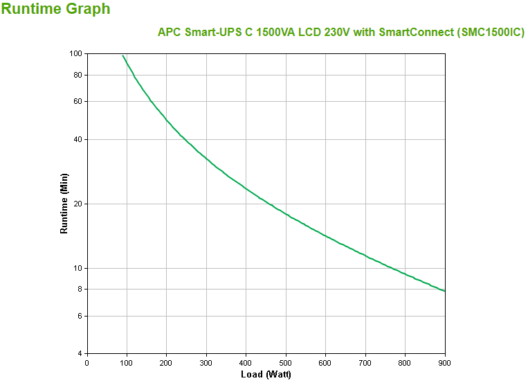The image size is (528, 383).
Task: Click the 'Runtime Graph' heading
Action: (55, 10)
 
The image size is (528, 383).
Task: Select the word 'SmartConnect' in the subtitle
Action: (409, 33)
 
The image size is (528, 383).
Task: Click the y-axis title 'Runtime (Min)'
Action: (64, 204)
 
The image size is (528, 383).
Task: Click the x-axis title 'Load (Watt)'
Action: (266, 375)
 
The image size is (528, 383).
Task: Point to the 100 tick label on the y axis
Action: (75, 54)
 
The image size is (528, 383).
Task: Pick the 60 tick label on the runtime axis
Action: (78, 101)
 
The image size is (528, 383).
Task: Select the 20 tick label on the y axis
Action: (78, 204)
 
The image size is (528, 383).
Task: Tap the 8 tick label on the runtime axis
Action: (80, 289)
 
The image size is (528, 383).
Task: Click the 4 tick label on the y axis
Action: (80, 354)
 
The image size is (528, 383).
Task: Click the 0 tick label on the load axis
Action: (87, 363)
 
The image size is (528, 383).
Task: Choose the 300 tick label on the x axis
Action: (206, 363)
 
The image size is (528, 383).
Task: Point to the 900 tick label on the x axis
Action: (444, 363)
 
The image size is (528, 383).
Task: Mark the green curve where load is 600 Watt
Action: (325, 235)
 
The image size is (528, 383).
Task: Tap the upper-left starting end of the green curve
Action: (123, 56)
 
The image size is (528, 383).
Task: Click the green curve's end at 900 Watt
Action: (444, 291)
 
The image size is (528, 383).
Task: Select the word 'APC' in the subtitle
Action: (170, 33)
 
